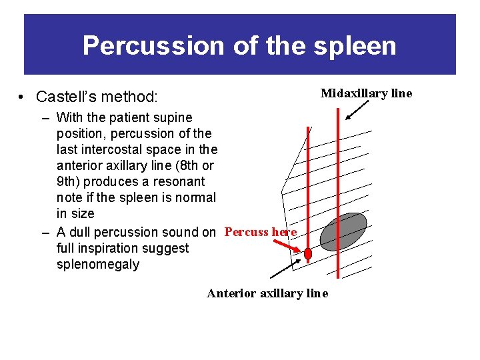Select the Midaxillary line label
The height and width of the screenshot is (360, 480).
tap(366, 93)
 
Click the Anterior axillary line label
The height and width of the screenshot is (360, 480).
tap(267, 293)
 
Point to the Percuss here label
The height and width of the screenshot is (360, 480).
tap(261, 232)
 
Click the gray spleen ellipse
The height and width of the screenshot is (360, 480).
tap(343, 231)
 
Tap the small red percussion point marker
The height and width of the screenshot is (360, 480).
tap(308, 254)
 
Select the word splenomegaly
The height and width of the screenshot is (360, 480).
tap(98, 264)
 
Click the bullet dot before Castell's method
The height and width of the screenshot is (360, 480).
tap(23, 98)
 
